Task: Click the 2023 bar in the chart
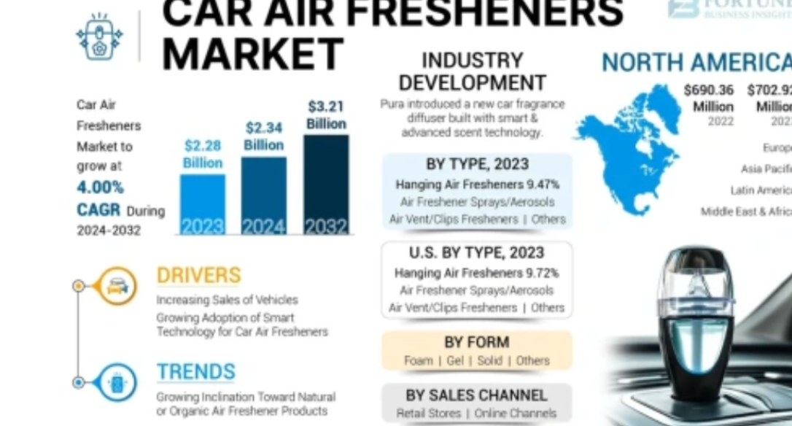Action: [x=202, y=204]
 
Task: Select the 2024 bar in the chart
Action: [x=263, y=195]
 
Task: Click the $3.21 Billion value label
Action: [x=325, y=115]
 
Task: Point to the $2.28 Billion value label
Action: [x=203, y=154]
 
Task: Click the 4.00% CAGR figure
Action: [x=101, y=187]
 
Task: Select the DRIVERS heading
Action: [x=198, y=276]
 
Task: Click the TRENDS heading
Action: [x=195, y=372]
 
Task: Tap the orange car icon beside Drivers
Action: [x=116, y=286]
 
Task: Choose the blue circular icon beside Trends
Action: [x=116, y=382]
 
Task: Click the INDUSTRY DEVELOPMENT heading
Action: [x=472, y=71]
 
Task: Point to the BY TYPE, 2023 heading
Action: [x=477, y=164]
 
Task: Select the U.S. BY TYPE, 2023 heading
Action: [x=476, y=253]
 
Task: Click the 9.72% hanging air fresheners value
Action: [x=543, y=274]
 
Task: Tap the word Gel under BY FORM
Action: [x=455, y=360]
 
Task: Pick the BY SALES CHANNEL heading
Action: [x=476, y=395]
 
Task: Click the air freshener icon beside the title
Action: [x=99, y=36]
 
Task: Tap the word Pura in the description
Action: [x=395, y=104]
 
